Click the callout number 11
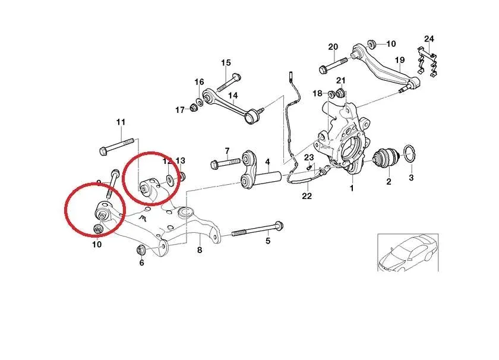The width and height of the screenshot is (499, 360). [x=121, y=123]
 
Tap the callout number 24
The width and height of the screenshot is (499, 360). [x=429, y=39]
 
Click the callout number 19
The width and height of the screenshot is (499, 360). [x=399, y=60]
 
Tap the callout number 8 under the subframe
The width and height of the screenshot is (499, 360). [x=200, y=251]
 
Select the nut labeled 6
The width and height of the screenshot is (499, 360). [x=141, y=250]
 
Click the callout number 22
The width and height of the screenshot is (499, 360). [x=307, y=196]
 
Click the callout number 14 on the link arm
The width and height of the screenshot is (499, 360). [x=232, y=95]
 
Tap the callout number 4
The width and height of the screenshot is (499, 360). [x=267, y=162]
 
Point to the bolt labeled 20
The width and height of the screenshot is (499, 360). [x=331, y=65]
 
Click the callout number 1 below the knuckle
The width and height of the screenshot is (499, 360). [x=351, y=188]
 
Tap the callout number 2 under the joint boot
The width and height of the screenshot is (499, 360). [x=389, y=182]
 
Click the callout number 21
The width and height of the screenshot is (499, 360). [x=340, y=81]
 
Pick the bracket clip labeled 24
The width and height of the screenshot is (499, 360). [x=428, y=62]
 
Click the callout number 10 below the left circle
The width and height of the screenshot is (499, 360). [x=97, y=244]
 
